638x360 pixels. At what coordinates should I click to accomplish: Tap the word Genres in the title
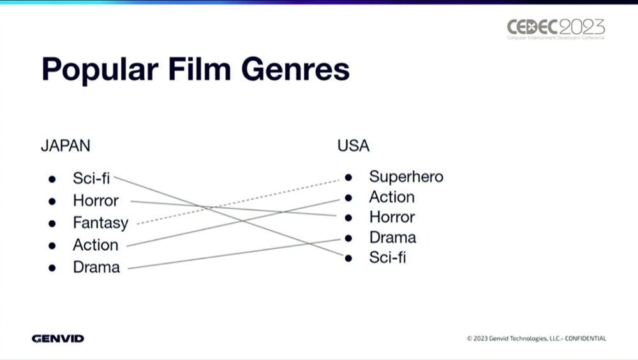click(x=295, y=69)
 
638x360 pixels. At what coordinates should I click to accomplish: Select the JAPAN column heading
click(x=66, y=146)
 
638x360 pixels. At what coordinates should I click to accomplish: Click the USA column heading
click(x=353, y=146)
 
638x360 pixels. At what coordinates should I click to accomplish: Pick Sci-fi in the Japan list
click(x=91, y=178)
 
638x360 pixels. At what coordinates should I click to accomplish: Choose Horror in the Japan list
click(x=96, y=201)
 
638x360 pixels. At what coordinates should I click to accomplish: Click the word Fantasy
click(x=101, y=223)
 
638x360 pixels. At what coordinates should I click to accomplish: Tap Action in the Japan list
click(x=96, y=245)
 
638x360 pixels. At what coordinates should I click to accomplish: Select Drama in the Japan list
click(x=96, y=267)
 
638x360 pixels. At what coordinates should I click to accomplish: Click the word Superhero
click(x=406, y=177)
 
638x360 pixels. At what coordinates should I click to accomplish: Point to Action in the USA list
click(x=392, y=197)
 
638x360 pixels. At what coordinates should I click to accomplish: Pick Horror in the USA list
click(x=392, y=217)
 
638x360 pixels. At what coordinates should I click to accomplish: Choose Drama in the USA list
click(x=392, y=237)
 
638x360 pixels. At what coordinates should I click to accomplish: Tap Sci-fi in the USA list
click(x=387, y=257)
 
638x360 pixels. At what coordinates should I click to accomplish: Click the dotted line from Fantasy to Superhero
click(x=238, y=202)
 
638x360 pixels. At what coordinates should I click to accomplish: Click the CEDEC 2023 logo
click(x=556, y=29)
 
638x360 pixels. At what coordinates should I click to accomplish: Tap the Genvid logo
click(x=58, y=339)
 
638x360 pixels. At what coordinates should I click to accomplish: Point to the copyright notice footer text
click(x=537, y=338)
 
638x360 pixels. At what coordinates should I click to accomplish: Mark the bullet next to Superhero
click(x=348, y=177)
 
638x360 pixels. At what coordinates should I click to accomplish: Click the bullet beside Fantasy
click(x=52, y=223)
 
